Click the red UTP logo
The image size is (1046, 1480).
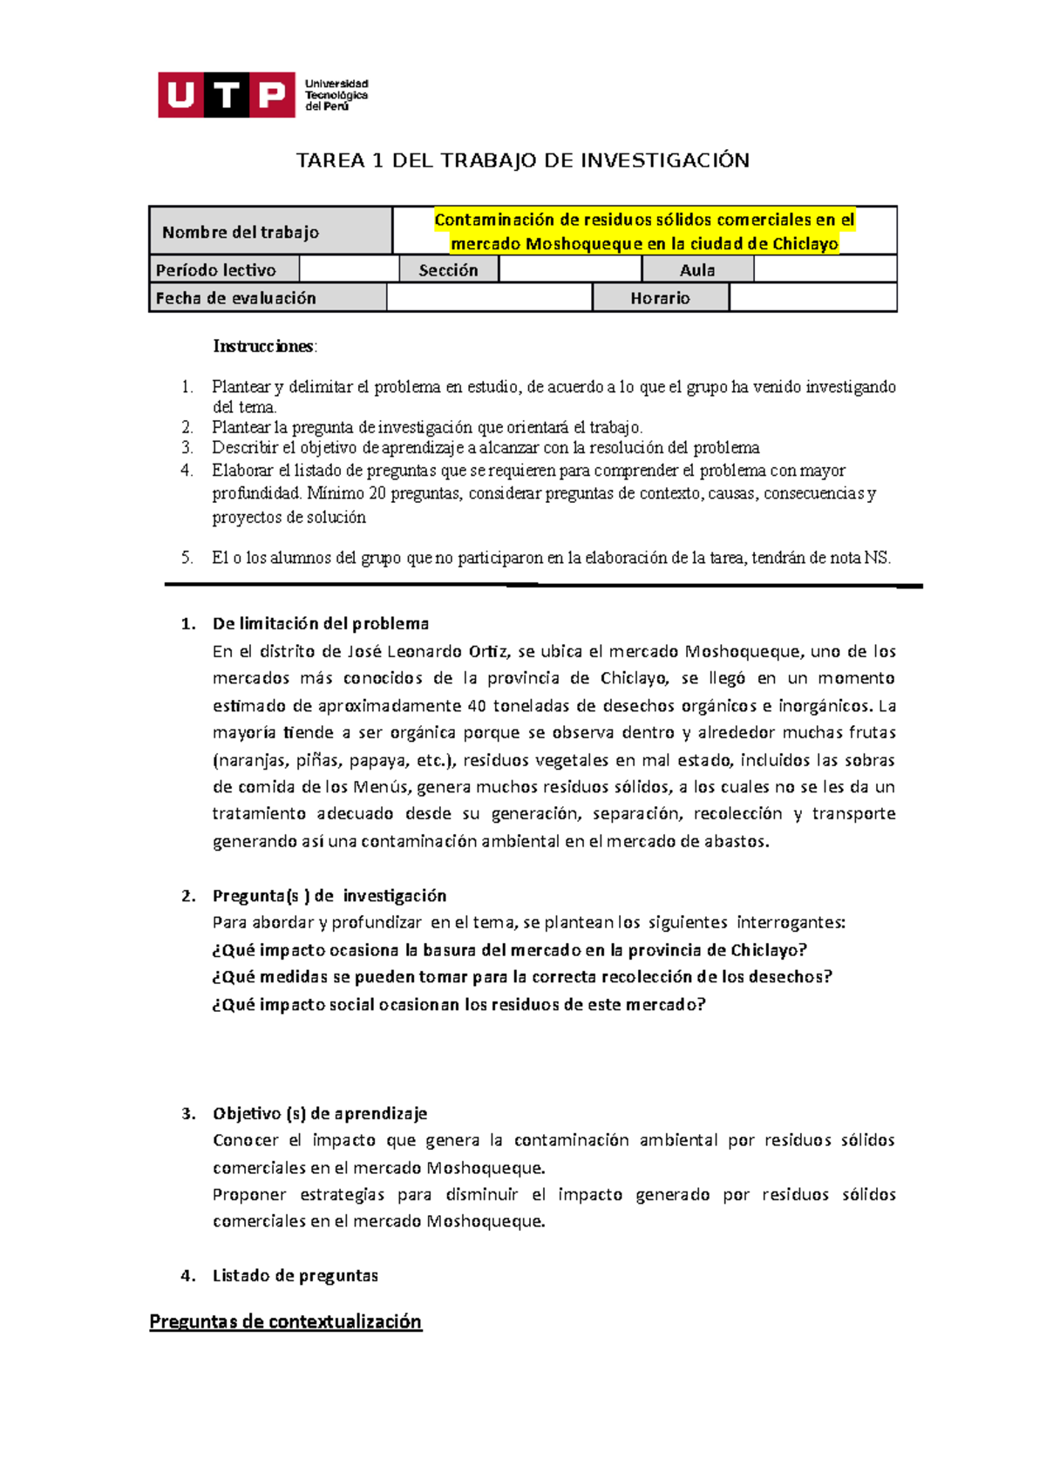226,94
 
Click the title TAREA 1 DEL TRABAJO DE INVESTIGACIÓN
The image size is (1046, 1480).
522,160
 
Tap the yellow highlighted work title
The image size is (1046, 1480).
644,232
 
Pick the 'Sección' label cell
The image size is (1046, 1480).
448,270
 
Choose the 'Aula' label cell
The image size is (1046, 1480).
697,270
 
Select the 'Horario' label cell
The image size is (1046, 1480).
660,298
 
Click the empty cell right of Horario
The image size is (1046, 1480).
812,298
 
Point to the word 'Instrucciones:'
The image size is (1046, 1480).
266,346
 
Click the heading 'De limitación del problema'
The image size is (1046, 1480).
320,624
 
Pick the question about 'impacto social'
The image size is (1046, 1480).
458,1004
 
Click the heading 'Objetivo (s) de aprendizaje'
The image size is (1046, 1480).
319,1113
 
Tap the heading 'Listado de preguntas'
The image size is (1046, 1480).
295,1276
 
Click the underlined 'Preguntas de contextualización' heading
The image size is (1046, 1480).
285,1321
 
